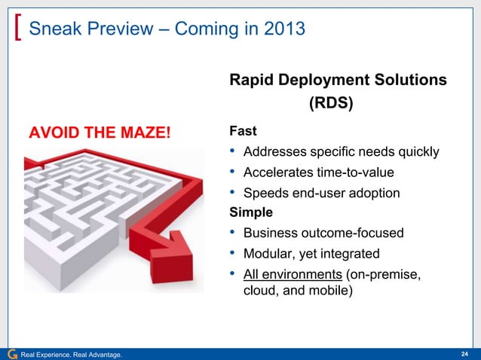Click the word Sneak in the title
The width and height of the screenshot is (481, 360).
52,30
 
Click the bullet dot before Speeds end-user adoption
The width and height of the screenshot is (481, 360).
233,193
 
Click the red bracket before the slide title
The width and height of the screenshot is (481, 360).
18,30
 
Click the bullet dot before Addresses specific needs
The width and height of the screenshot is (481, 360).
233,152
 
